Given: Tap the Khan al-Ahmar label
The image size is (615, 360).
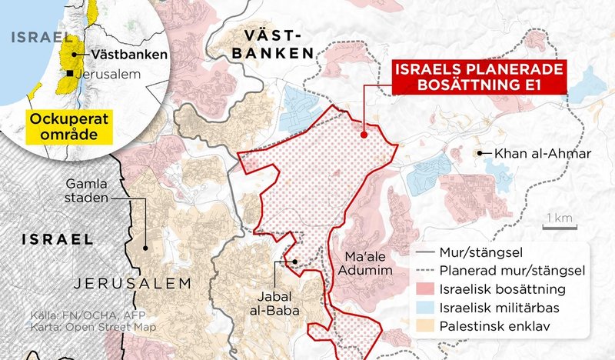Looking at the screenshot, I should tap(543, 154).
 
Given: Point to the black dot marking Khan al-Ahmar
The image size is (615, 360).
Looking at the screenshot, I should tap(480, 154).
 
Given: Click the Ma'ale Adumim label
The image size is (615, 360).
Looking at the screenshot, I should tap(359, 263).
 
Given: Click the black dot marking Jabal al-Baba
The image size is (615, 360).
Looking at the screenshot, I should tap(294, 261).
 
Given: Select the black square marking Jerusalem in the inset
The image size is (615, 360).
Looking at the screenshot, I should tap(70, 73).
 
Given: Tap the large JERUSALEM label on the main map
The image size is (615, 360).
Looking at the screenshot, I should tap(131, 284).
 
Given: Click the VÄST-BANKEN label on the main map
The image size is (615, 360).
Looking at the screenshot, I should tap(276, 44).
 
